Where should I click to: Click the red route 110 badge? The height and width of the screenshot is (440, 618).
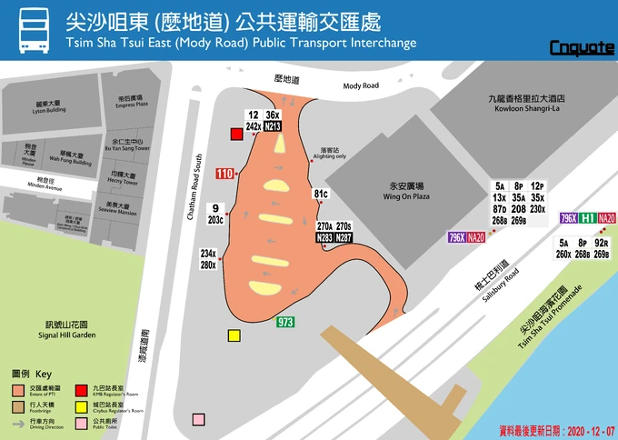(225, 173)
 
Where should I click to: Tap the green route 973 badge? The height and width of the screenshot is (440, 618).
(285, 321)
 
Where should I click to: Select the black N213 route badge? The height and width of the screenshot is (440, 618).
(272, 127)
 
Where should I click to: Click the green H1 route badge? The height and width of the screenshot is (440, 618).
(588, 218)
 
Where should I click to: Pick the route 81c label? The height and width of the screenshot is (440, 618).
(321, 194)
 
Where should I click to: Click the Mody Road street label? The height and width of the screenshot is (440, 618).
(361, 85)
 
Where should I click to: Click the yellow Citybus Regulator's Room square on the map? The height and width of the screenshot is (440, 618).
(234, 335)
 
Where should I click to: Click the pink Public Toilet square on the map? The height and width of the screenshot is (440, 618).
(198, 420)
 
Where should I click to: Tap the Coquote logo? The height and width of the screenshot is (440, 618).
(583, 47)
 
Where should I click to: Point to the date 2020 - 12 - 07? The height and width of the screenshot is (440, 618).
(581, 427)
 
